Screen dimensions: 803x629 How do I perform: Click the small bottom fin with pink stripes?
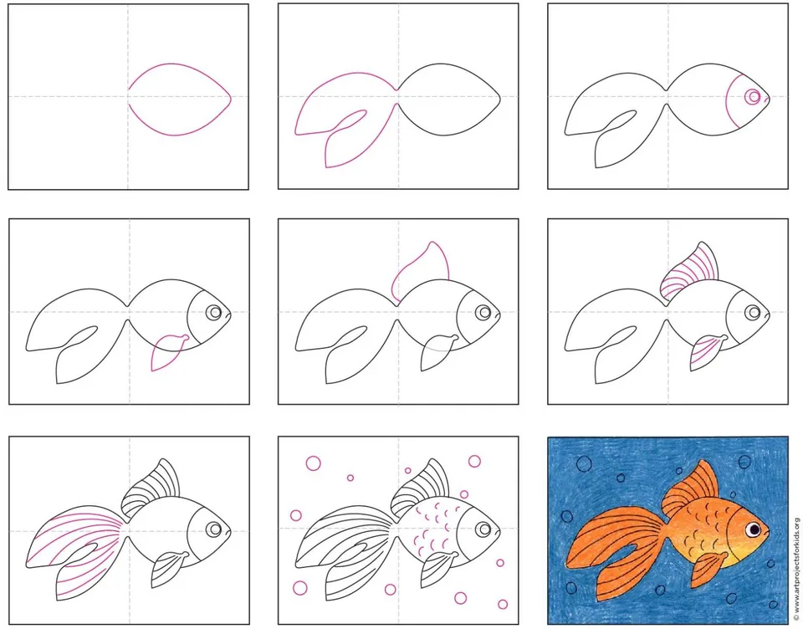(708, 351)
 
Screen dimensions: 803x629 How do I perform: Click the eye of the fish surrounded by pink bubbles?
(483, 529)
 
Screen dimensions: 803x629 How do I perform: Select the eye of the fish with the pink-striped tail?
(214, 529)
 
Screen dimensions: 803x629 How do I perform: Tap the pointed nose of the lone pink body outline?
(231, 97)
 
